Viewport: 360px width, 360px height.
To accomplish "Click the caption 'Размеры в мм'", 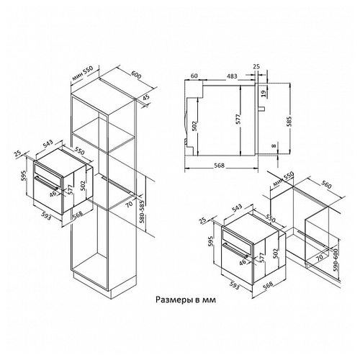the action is (x=186, y=300).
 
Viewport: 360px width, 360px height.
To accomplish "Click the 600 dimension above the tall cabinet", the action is (x=136, y=75).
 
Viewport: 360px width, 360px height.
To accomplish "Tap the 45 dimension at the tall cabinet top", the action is (x=145, y=98).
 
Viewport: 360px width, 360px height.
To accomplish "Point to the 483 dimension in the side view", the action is (x=232, y=76).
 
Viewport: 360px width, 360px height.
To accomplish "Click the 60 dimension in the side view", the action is (x=194, y=76).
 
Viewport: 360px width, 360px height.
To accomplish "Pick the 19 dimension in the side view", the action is (x=264, y=94).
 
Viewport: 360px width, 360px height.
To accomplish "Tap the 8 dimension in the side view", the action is (x=274, y=145).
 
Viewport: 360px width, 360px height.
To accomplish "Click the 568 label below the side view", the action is (x=219, y=166).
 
